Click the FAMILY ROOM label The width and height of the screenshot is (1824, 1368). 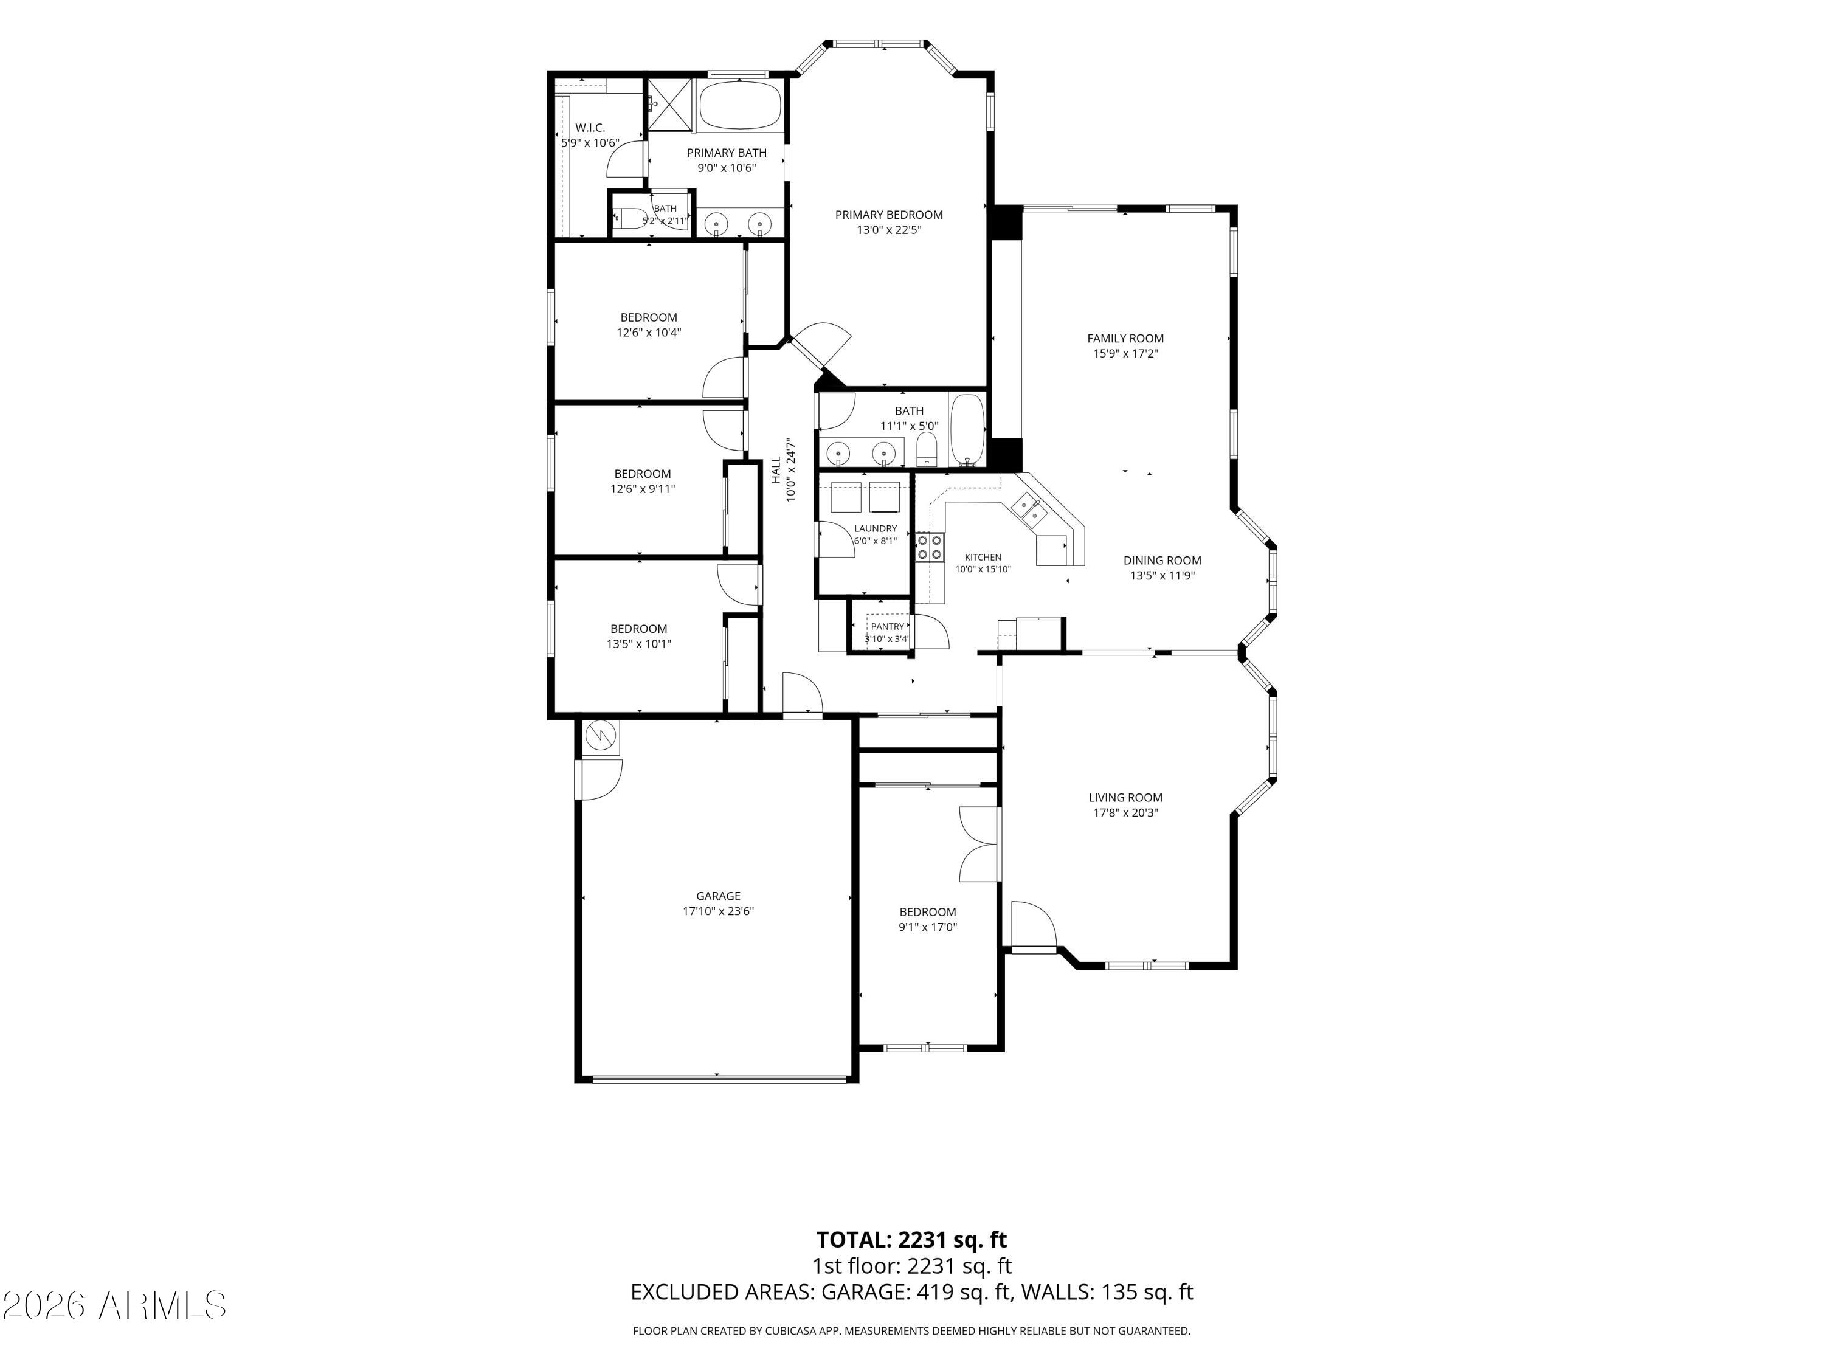point(1125,338)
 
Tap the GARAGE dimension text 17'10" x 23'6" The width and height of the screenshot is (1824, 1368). point(717,911)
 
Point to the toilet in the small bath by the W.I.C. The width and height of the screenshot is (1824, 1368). point(631,218)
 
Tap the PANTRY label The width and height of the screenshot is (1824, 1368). point(887,627)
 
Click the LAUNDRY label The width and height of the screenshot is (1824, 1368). point(875,528)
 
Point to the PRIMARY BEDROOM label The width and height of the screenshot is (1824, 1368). point(889,215)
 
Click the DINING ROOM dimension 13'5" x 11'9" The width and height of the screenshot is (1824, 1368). point(1162,576)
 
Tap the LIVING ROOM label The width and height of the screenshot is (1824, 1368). point(1125,797)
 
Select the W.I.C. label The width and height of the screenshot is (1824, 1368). point(590,128)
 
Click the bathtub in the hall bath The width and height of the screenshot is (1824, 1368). point(967,430)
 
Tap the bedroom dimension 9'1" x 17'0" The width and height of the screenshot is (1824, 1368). point(928,927)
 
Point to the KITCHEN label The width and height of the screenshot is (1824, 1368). point(983,558)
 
